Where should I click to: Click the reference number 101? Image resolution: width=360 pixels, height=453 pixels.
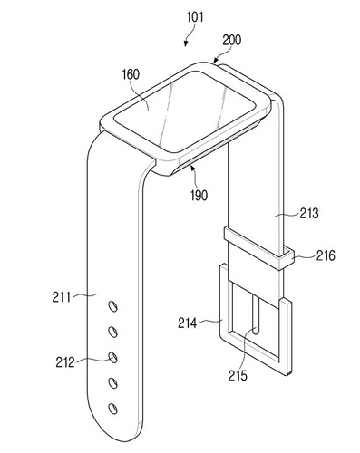195,17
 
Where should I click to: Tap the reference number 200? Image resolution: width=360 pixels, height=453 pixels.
232,40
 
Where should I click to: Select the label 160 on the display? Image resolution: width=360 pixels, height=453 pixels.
131,74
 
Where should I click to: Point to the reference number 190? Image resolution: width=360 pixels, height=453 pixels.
199,196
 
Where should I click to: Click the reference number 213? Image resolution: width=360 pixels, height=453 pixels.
309,214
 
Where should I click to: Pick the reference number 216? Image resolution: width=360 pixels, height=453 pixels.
326,255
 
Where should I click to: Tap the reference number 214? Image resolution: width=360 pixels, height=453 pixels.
188,323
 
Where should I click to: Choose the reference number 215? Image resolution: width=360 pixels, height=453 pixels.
238,375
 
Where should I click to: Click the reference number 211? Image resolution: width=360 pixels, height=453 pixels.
62,297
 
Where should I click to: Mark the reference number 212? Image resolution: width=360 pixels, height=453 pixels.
65,362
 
